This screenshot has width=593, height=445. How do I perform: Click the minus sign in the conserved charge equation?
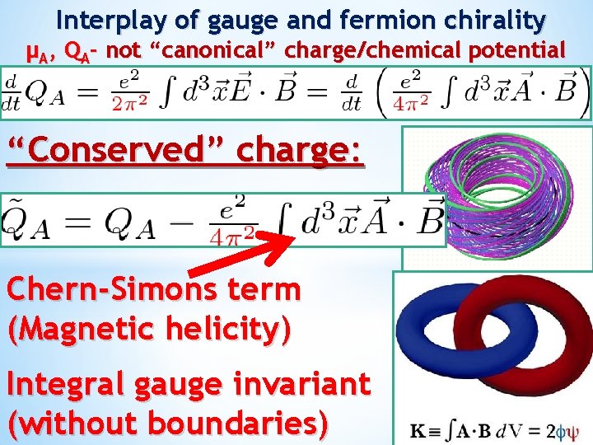pyautogui.click(x=186, y=222)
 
